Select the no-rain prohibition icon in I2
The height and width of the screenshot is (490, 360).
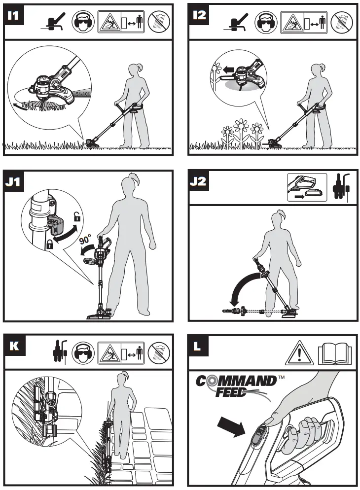coord(343,23)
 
